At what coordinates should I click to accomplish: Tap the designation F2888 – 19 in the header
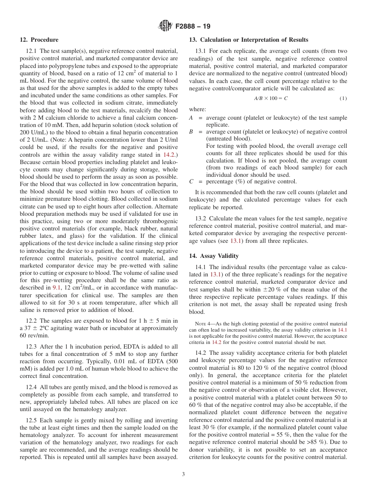[193, 26]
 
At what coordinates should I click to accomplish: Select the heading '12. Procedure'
[39, 40]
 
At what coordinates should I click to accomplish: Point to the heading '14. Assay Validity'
[214, 256]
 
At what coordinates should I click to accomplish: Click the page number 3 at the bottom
[183, 474]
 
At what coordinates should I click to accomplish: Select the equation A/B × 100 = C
[270, 98]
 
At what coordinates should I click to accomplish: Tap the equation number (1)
[343, 98]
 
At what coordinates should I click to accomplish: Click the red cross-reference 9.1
[56, 288]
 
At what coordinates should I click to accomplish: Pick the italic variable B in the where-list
[191, 132]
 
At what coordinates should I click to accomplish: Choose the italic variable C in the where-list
[191, 181]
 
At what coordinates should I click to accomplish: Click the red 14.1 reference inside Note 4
[342, 330]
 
